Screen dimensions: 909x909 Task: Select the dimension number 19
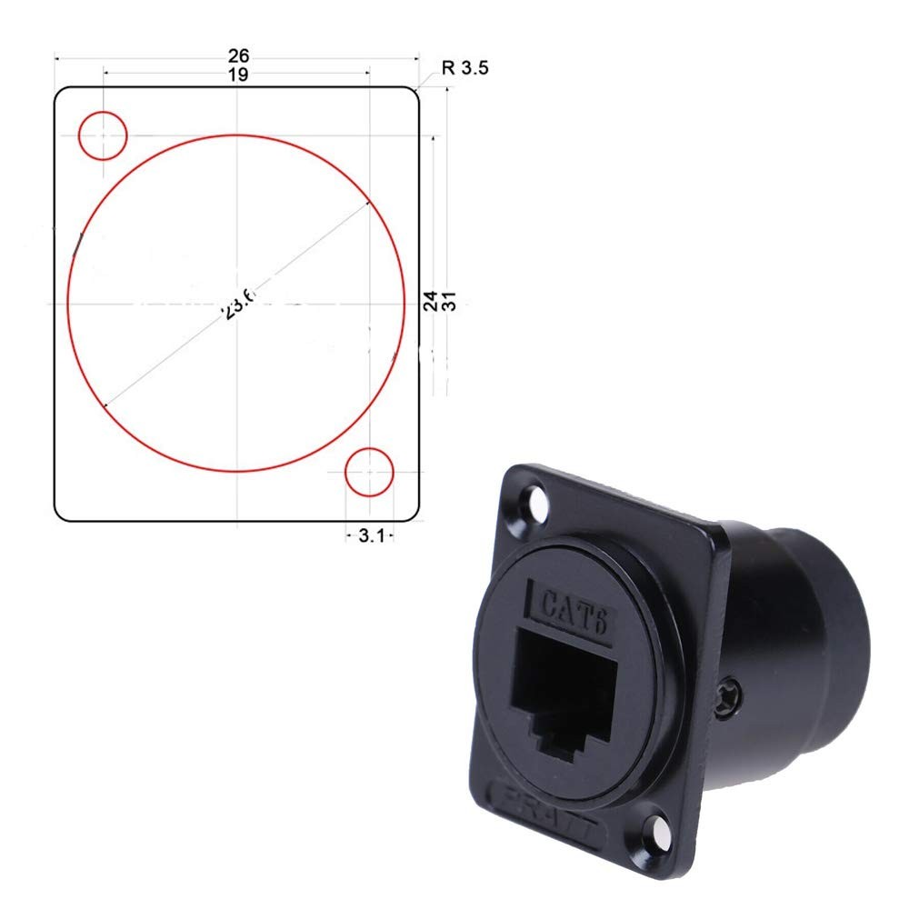(237, 75)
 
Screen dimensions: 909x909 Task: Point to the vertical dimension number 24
(430, 302)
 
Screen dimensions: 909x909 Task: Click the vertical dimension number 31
(447, 302)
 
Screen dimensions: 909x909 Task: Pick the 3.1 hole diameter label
(369, 536)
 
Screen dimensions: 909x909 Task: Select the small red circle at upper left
(103, 135)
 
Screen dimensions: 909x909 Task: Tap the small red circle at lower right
(369, 472)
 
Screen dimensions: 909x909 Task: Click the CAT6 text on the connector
(574, 603)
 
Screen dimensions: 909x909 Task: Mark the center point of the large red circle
(236, 303)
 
